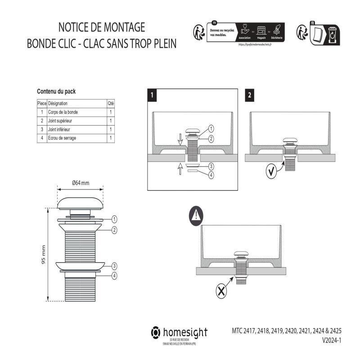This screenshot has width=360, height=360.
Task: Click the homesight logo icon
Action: tap(155, 333)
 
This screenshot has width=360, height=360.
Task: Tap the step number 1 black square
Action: tap(153, 95)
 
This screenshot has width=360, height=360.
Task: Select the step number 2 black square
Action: tap(250, 95)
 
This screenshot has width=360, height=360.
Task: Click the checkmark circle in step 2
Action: tap(271, 172)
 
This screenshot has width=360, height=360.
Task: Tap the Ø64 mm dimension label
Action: tap(81, 183)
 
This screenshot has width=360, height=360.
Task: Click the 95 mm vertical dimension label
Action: tap(44, 255)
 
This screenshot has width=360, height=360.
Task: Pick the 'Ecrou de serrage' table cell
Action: tap(62, 138)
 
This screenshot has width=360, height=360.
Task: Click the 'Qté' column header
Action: tap(111, 103)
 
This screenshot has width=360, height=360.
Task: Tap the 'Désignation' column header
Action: tap(58, 103)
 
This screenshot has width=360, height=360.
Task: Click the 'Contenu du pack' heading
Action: tap(56, 91)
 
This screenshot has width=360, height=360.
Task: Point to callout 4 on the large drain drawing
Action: tap(115, 275)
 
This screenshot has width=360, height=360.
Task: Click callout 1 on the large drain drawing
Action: tap(115, 219)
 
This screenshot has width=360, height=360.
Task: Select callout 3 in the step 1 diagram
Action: tap(211, 166)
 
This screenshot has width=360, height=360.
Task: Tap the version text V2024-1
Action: tap(332, 341)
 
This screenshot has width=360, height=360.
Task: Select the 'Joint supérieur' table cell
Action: tap(60, 121)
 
